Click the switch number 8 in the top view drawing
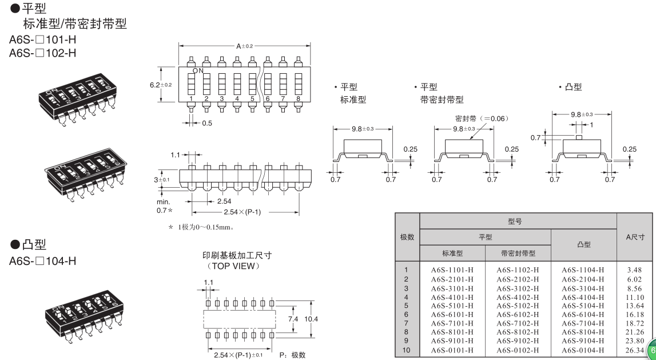point(298,99)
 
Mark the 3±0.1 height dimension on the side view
point(162,180)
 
